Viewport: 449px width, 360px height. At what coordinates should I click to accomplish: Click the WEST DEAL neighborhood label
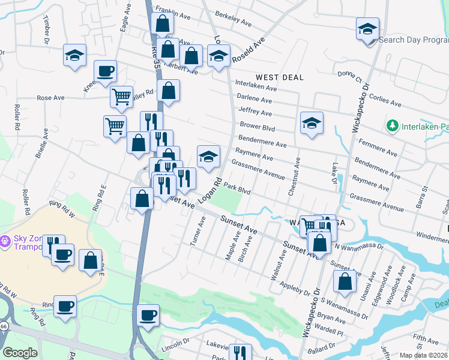(x=279, y=77)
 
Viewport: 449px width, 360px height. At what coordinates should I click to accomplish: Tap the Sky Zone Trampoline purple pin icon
(x=5, y=242)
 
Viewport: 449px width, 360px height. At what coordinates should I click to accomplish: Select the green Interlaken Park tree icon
(x=392, y=126)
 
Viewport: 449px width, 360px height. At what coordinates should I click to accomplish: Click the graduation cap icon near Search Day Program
(x=367, y=28)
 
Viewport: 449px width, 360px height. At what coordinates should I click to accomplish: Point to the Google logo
(x=20, y=353)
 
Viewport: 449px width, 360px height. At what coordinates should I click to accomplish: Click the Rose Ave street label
(x=50, y=97)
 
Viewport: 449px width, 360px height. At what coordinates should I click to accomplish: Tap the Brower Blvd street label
(x=257, y=127)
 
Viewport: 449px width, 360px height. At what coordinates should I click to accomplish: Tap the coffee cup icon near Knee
(x=105, y=71)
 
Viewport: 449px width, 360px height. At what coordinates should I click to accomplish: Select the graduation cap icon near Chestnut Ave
(x=312, y=123)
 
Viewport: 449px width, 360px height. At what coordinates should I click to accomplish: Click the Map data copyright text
(x=424, y=355)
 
